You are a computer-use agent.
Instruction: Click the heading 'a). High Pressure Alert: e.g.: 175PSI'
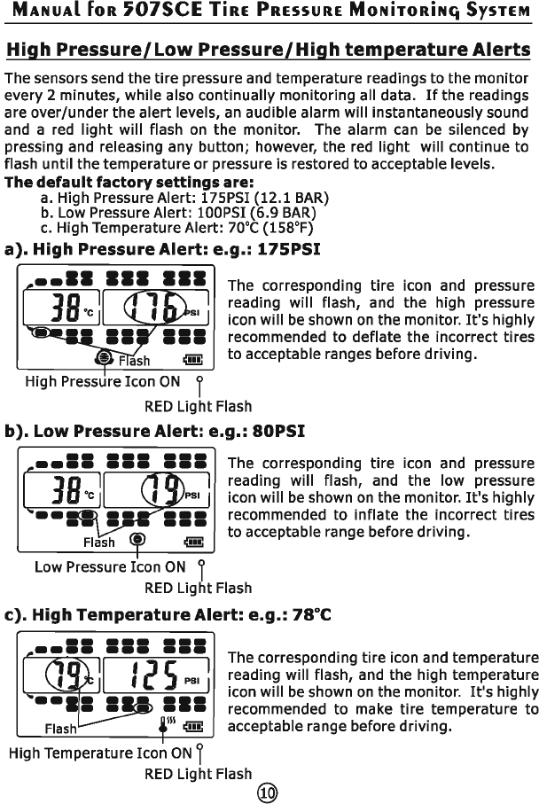pos(162,249)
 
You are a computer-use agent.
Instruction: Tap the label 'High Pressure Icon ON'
pos(102,382)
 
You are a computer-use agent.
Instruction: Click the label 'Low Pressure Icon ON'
pos(110,566)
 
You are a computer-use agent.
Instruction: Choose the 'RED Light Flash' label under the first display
pos(198,407)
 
